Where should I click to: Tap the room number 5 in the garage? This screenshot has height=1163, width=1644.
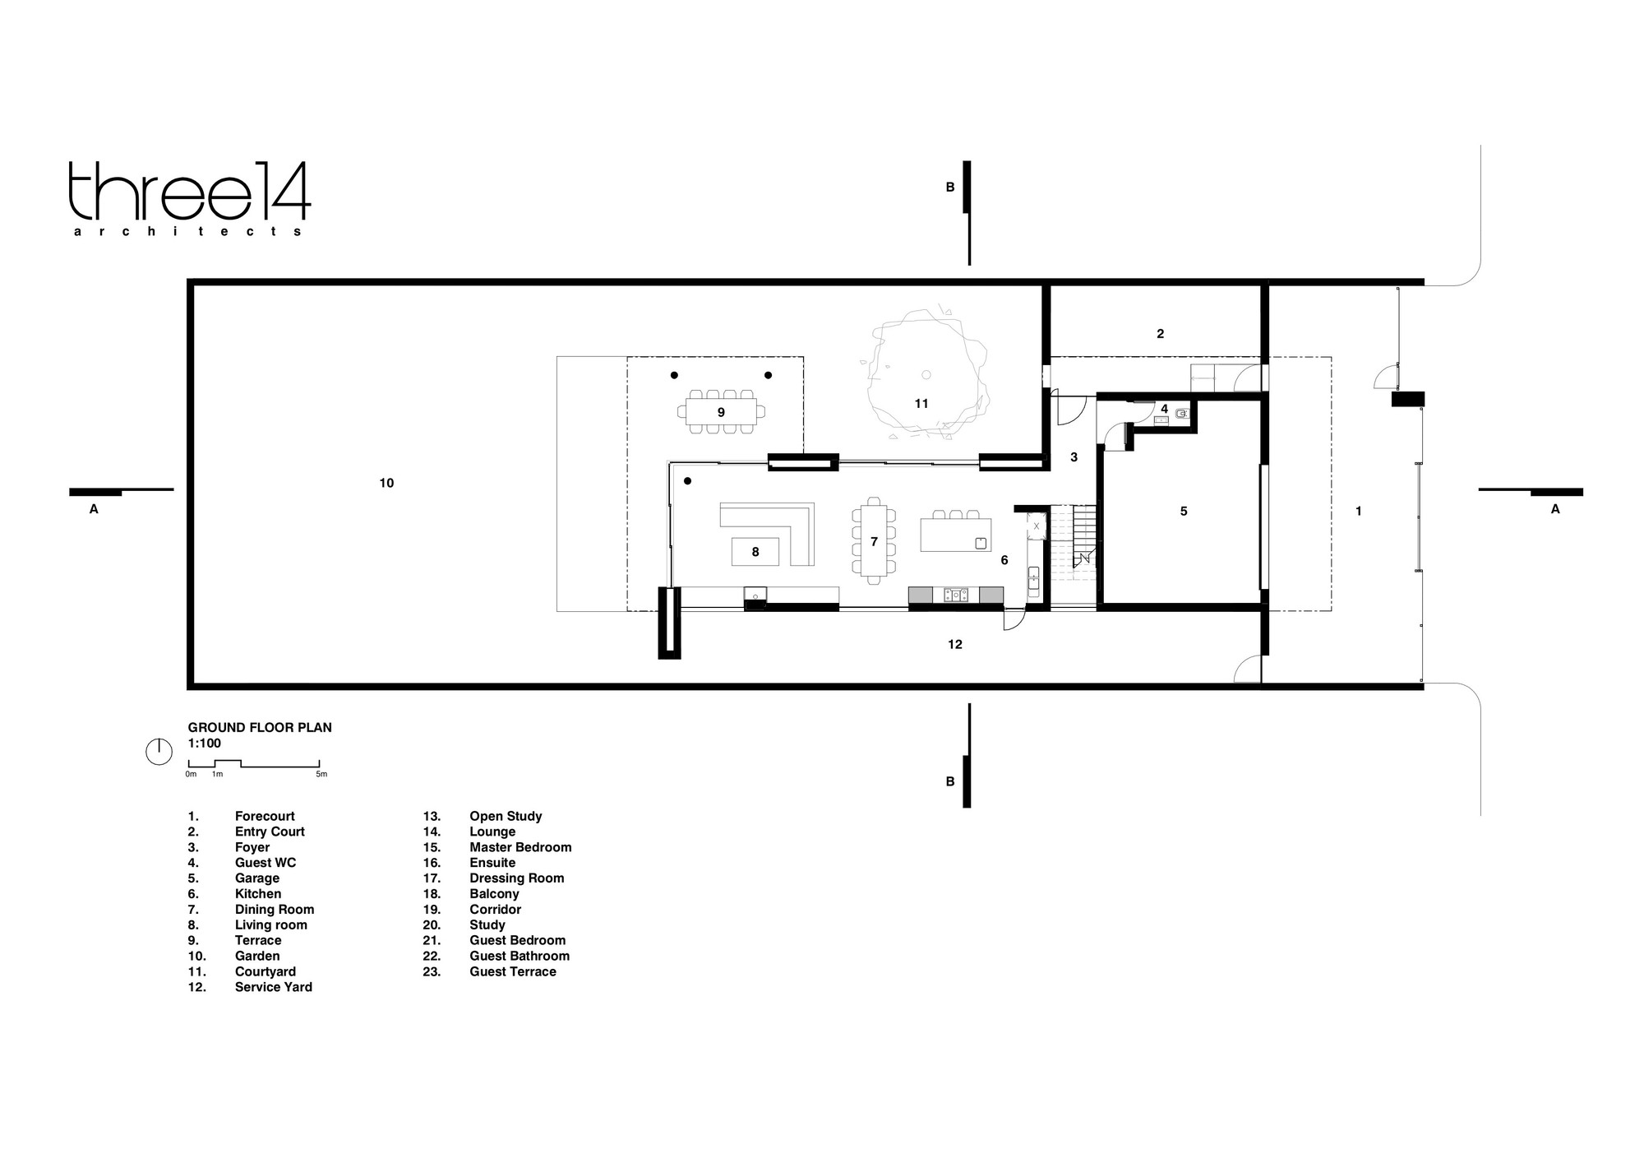point(1184,511)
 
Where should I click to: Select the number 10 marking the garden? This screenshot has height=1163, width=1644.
point(386,483)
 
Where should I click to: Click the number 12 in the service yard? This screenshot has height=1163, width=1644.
point(954,644)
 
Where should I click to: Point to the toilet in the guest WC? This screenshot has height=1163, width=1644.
point(1182,415)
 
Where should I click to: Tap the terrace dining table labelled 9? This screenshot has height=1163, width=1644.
point(721,410)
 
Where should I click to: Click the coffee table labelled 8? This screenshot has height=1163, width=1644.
point(755,552)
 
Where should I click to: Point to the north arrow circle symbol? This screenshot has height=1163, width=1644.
point(159,752)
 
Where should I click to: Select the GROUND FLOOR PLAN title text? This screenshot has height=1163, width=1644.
point(260,727)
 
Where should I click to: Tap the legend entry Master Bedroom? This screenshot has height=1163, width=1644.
point(520,847)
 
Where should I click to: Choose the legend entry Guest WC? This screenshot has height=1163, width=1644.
point(266,863)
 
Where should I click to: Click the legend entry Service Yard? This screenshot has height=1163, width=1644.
point(274,987)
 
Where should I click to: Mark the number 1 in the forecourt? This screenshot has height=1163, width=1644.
point(1358,511)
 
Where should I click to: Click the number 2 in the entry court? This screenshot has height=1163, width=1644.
point(1160,333)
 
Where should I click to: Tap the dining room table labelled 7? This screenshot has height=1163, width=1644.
point(874,540)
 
